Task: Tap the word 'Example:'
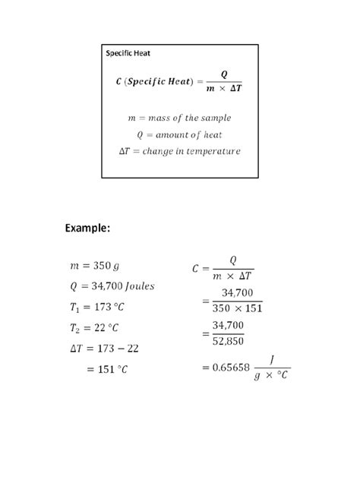tap(88, 228)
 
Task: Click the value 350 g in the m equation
tap(106, 266)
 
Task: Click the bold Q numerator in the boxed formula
tap(224, 74)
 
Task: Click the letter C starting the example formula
tap(196, 268)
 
